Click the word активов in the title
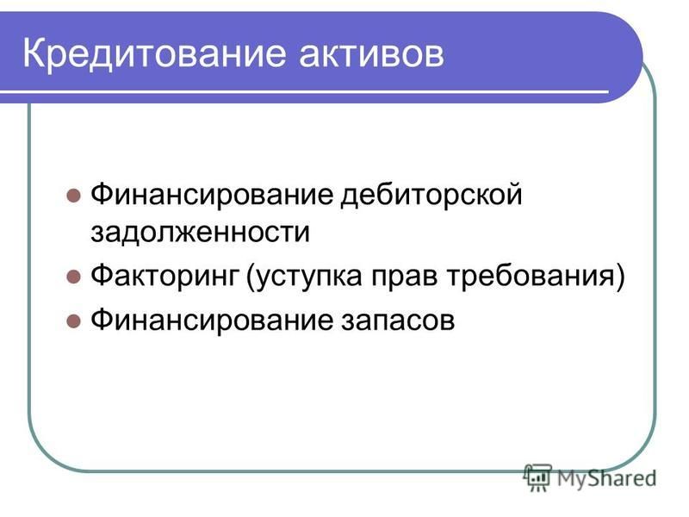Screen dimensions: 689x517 pyautogui.click(x=371, y=54)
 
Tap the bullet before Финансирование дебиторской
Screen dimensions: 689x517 pyautogui.click(x=73, y=196)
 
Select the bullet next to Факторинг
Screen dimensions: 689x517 pyautogui.click(x=73, y=277)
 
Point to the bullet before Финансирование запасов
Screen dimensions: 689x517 pyautogui.click(x=73, y=321)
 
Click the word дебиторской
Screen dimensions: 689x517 pyautogui.click(x=431, y=195)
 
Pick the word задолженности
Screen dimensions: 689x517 pyautogui.click(x=200, y=232)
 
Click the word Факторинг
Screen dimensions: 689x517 pyautogui.click(x=164, y=277)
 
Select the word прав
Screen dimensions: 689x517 pyautogui.click(x=405, y=277)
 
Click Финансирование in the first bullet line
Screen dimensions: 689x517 pyautogui.click(x=212, y=195)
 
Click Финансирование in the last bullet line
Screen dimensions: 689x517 pyautogui.click(x=212, y=321)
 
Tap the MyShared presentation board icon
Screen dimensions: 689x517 pyautogui.click(x=537, y=477)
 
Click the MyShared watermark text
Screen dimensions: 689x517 pyautogui.click(x=607, y=478)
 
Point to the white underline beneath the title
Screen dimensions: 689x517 pyautogui.click(x=304, y=92)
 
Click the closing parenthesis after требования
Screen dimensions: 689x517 pyautogui.click(x=619, y=277)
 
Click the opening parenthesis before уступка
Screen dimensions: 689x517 pyautogui.click(x=251, y=277)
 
